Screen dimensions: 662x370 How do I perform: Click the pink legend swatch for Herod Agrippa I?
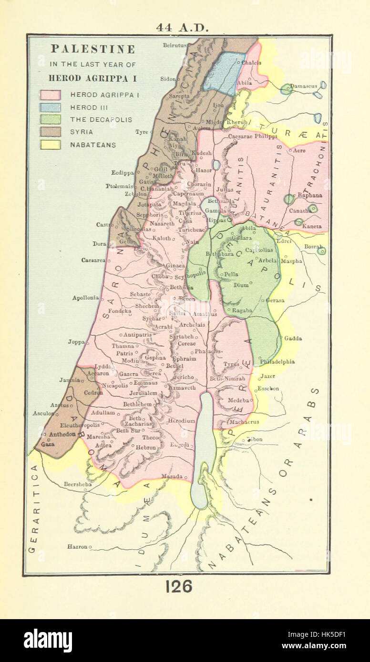coord(50,95)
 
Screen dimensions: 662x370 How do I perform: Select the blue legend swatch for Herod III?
coord(50,107)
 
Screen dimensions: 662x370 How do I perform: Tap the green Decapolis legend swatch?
coord(50,120)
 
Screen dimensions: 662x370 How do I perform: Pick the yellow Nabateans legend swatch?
coord(50,145)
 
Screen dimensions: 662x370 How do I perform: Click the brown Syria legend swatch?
coord(50,132)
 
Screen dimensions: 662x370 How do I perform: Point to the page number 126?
coord(179,586)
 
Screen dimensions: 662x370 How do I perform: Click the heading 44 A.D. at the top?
coord(182,28)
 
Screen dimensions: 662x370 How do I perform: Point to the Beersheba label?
coord(78,484)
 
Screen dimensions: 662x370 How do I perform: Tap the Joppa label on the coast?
coord(76,342)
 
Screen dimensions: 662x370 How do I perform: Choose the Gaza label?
coord(48,444)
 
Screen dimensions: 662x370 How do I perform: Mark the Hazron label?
coord(77,547)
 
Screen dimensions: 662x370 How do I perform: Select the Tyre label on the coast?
coord(142,132)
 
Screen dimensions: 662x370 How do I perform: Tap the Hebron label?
coord(145,448)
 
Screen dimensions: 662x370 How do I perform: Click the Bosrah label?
coord(314,247)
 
